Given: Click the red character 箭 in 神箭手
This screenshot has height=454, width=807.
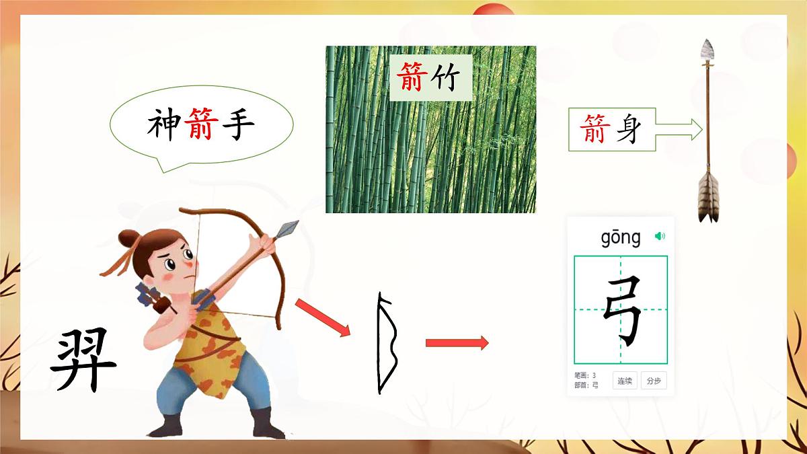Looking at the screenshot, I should tap(200, 124).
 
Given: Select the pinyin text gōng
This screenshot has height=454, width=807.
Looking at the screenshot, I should tap(621, 237).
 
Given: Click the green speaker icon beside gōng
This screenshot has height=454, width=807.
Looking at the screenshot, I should tap(660, 236).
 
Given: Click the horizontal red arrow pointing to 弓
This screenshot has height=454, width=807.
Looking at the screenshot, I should tap(457, 342).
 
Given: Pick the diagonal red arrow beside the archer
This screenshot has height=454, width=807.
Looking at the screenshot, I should tap(323, 317).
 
